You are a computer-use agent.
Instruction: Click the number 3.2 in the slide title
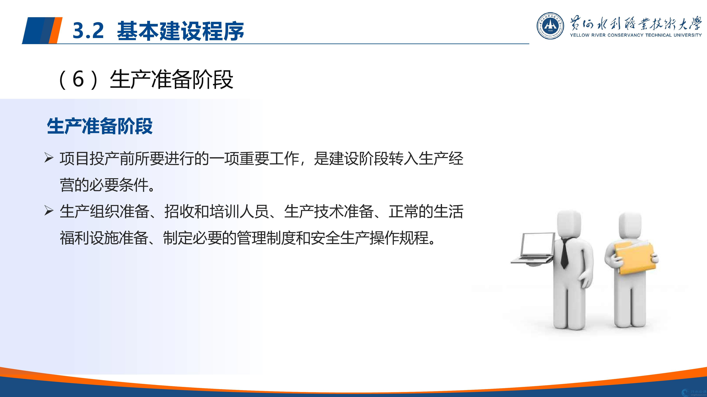click(x=88, y=30)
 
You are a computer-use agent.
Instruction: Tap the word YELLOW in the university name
click(x=580, y=35)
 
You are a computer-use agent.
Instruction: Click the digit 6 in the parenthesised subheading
click(x=78, y=79)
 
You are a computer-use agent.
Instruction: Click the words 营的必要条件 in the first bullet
click(x=104, y=185)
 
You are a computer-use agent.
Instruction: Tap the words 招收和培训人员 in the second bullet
click(x=217, y=212)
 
